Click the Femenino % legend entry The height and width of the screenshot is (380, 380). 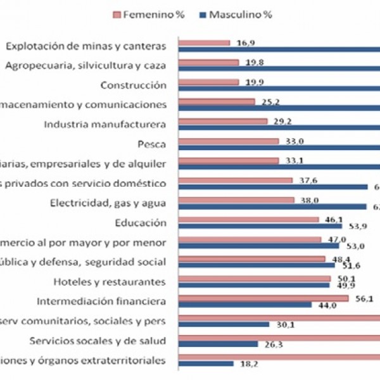pos(144,15)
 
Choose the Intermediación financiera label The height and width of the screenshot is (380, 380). pos(102,301)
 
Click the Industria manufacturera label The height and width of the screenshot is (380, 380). pos(104,124)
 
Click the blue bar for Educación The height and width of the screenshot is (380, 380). pos(260,225)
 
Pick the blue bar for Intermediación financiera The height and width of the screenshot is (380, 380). pos(245,304)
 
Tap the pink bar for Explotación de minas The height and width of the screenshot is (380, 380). pos(205,43)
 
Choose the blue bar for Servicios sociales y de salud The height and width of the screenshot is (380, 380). pos(218,344)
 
